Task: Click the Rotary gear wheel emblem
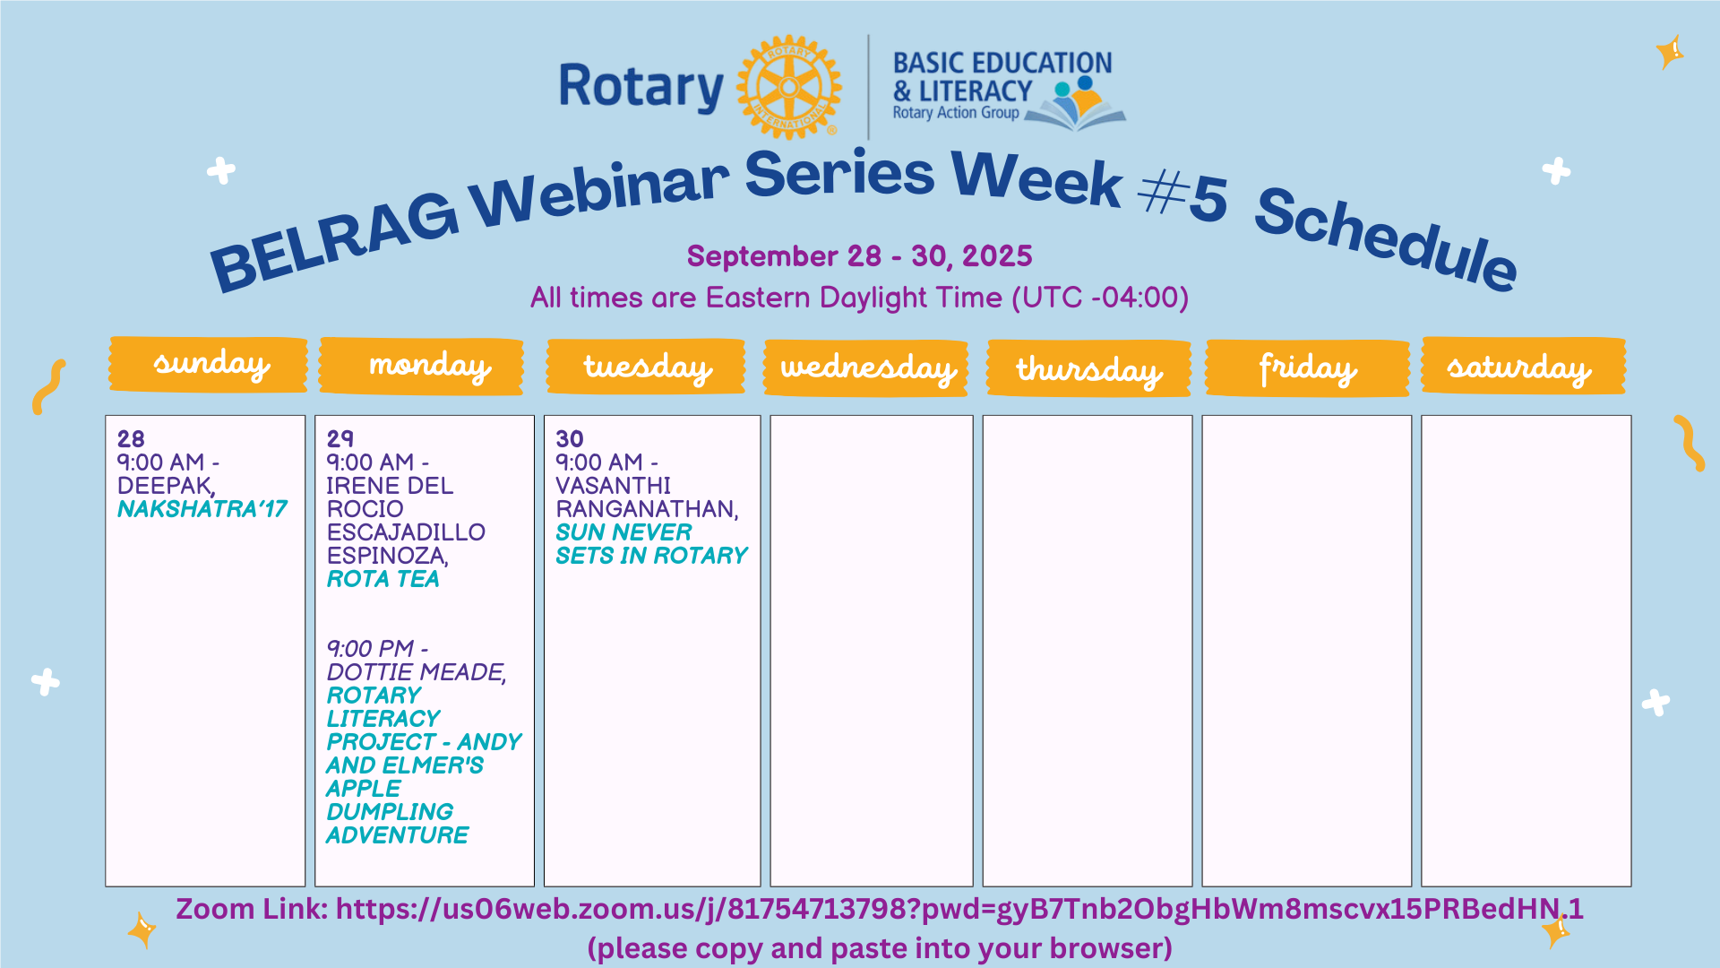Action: click(x=788, y=87)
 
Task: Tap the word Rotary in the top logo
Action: click(x=641, y=88)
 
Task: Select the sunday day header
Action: click(x=208, y=365)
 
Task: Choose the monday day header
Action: click(x=421, y=366)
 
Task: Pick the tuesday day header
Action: click(x=646, y=367)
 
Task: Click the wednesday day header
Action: click(x=866, y=367)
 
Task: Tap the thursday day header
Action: click(x=1088, y=368)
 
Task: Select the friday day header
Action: click(x=1308, y=367)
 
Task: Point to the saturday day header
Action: click(x=1524, y=366)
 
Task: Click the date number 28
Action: click(x=131, y=439)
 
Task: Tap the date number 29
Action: click(x=340, y=439)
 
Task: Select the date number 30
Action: click(x=570, y=439)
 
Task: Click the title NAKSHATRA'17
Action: click(x=202, y=509)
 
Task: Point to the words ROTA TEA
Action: click(x=383, y=579)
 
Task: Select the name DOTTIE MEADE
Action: click(x=417, y=672)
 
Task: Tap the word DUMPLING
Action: click(x=391, y=812)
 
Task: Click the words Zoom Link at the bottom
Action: click(x=252, y=909)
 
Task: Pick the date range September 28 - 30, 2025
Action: click(x=860, y=256)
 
